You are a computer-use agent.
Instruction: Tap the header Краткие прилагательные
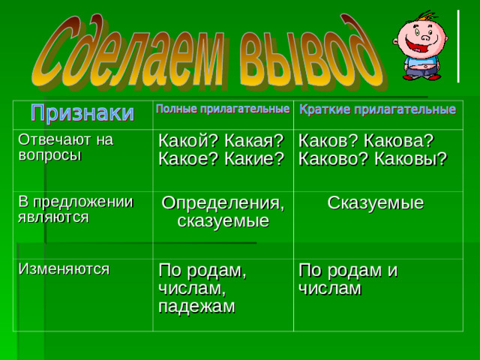(377, 111)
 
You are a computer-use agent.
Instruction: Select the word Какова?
(400, 140)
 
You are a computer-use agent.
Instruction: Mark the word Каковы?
(409, 158)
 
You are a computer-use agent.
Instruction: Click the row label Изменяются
(63, 267)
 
